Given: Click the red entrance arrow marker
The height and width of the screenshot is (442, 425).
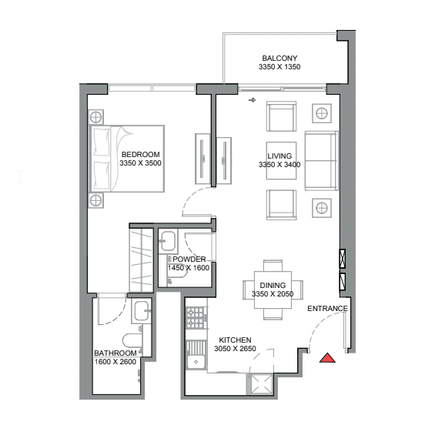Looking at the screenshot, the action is tap(327, 358).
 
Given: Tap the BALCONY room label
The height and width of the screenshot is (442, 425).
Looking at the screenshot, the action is tap(279, 59).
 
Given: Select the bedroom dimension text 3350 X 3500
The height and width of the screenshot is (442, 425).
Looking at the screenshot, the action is tap(140, 163).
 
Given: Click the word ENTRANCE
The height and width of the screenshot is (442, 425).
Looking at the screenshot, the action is tap(327, 309).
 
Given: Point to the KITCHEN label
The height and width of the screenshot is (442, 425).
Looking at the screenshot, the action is tap(235, 340).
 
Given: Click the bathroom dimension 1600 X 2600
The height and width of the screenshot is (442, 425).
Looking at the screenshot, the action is tap(115, 362).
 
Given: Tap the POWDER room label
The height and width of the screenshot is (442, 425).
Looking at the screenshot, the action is tap(189, 259).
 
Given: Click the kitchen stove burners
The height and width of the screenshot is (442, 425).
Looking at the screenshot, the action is tap(196, 318).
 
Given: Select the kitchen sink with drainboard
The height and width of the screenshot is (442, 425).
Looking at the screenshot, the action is tap(196, 356).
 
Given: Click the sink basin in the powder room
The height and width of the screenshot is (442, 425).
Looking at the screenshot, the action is tap(168, 241).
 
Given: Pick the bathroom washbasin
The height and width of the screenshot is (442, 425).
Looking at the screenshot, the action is tap(142, 310).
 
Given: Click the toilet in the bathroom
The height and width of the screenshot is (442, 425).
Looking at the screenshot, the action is tap(132, 340).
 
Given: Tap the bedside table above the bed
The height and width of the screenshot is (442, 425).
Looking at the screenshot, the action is tap(95, 117).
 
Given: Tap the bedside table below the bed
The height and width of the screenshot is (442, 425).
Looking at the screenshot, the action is tap(95, 200).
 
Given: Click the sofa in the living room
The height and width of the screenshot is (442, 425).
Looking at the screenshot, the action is tap(321, 161).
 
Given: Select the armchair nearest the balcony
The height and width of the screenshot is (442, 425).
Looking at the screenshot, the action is tap(281, 116).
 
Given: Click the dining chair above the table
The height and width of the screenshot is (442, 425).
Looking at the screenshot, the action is tap(273, 266).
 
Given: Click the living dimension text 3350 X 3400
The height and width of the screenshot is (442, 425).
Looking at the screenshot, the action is tap(279, 165).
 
